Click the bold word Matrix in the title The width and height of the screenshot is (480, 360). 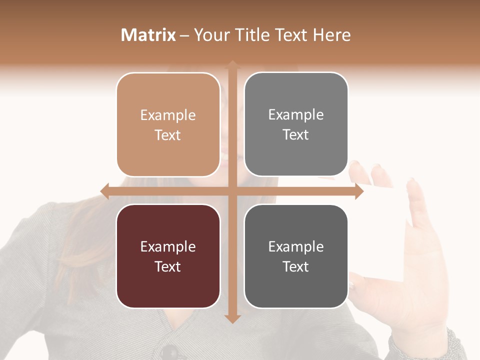pos(148,35)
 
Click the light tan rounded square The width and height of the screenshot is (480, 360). pos(168,124)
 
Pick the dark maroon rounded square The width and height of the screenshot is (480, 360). pos(168,256)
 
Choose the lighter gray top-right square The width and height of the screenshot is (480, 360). pos(296,124)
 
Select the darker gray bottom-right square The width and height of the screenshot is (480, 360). pos(296,256)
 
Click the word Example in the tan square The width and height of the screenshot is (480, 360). pos(168,115)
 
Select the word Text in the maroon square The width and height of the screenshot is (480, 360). pos(168,266)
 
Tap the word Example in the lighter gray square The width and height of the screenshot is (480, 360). pos(296,115)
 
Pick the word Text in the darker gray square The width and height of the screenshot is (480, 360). pos(296,266)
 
